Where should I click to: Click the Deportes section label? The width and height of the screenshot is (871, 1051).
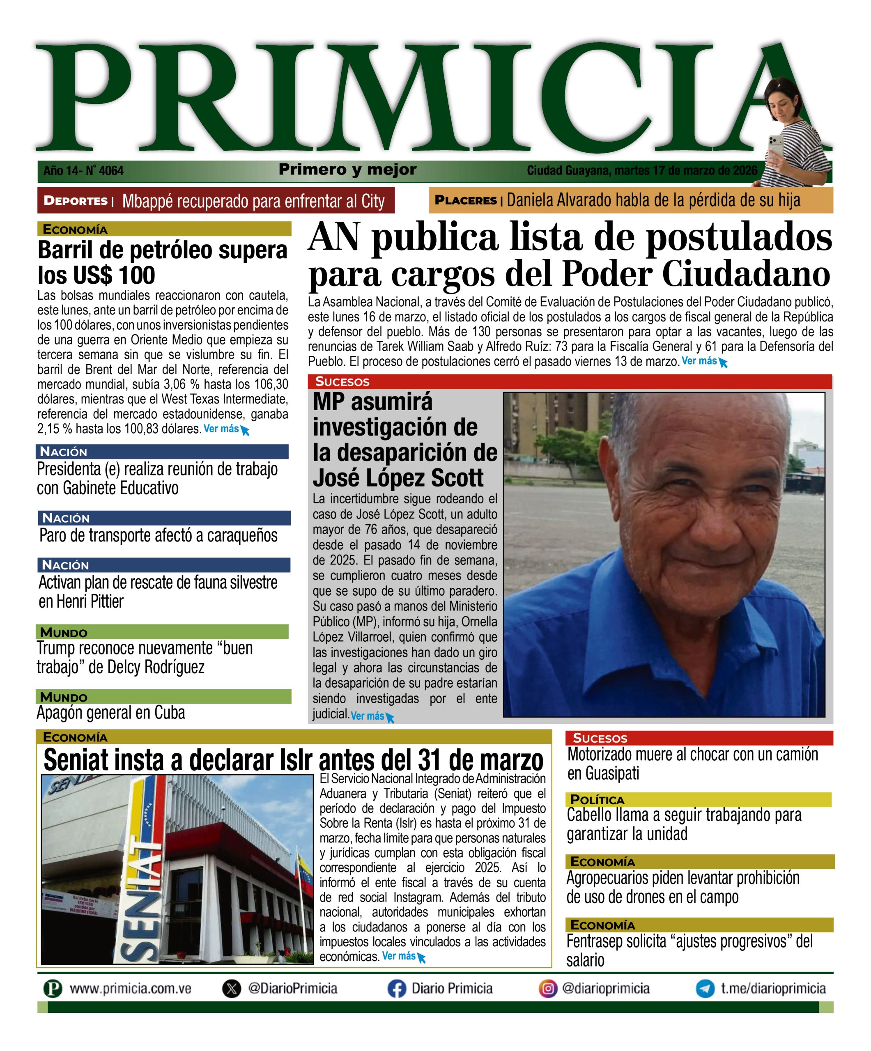tap(76, 201)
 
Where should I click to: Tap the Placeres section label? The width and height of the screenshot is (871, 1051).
tap(466, 200)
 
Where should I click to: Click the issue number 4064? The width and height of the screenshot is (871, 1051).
tap(111, 171)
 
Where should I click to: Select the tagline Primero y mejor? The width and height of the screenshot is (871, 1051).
tap(347, 170)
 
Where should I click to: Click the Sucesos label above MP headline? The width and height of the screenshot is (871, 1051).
tap(342, 382)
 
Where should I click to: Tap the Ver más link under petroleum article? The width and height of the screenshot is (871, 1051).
tap(221, 429)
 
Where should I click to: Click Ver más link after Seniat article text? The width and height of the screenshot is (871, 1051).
tap(399, 957)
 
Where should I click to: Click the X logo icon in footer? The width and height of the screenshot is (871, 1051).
tap(231, 989)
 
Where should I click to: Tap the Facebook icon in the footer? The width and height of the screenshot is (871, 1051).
tap(396, 989)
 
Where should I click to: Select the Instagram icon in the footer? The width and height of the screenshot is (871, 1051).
tap(548, 989)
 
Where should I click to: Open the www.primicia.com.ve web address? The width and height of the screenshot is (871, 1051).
tap(130, 989)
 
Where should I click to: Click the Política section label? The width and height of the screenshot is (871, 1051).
tap(597, 800)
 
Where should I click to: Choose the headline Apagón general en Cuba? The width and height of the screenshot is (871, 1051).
tap(110, 713)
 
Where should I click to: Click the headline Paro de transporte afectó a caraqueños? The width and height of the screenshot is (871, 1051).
tap(158, 535)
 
